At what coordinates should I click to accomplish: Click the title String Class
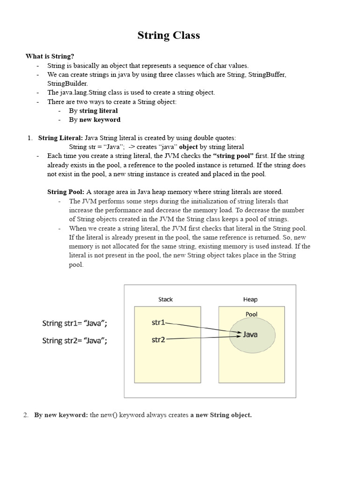[168, 36]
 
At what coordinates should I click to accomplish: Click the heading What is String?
[50, 57]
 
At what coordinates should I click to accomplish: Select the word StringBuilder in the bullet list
[67, 83]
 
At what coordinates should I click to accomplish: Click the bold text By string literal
[93, 111]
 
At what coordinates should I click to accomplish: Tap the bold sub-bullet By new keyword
[94, 120]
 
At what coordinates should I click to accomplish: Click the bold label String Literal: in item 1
[60, 138]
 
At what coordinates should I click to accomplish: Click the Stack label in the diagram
[165, 299]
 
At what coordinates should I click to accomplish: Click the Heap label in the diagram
[250, 299]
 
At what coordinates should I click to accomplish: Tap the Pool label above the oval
[252, 314]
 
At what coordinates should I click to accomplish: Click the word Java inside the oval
[250, 334]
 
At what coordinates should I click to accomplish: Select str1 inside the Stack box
[158, 322]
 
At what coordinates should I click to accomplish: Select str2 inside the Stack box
[158, 339]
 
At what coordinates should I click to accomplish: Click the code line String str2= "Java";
[75, 340]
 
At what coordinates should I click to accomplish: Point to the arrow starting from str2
[202, 337]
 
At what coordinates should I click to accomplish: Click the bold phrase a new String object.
[221, 415]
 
